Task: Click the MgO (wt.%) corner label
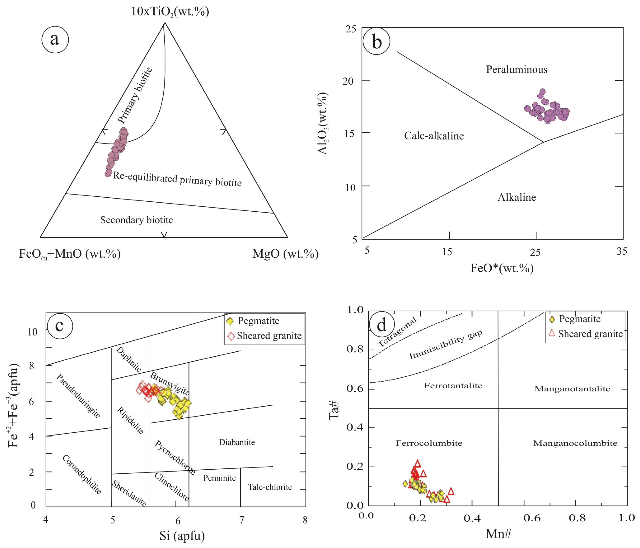coord(285,254)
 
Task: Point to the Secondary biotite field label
coord(136,220)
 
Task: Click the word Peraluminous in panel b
coord(516,69)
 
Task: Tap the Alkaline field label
coord(516,197)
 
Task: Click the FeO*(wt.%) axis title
coord(502,268)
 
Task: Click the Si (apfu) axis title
coord(182,536)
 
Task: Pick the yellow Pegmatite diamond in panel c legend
coord(230,321)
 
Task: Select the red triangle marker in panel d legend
coord(552,333)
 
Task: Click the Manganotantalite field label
coord(572,389)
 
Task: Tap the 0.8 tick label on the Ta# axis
coord(355,349)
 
